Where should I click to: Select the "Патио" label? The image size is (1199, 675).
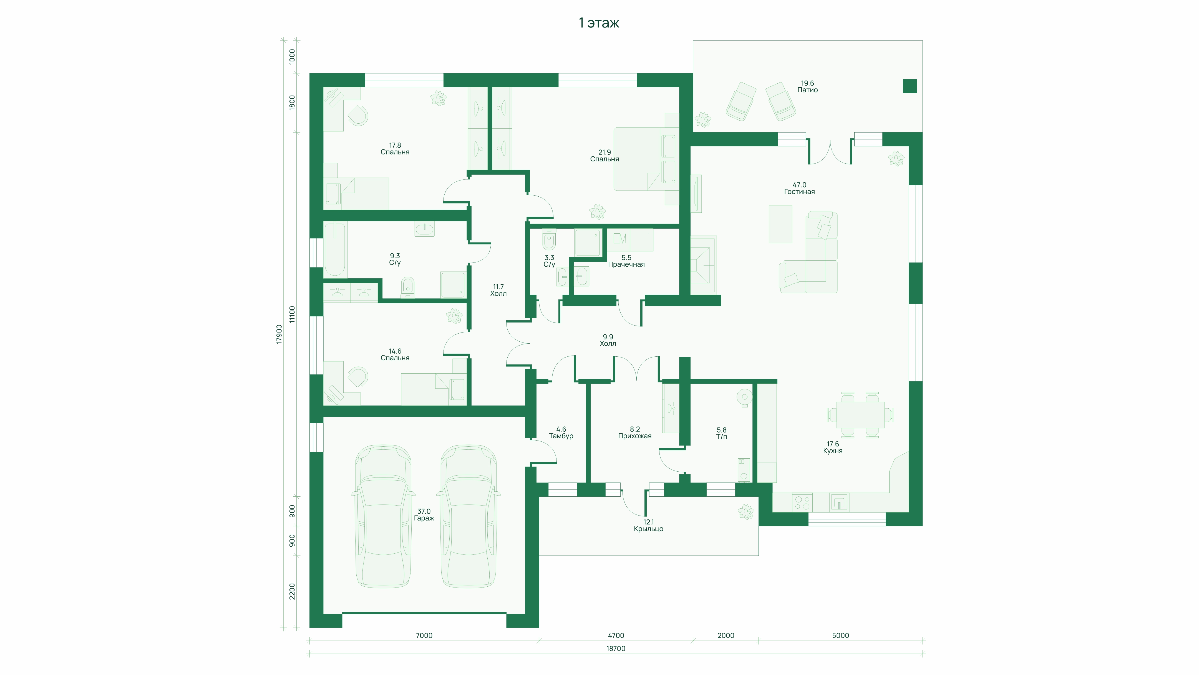[x=808, y=90]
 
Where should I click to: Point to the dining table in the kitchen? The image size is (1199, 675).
[x=860, y=415]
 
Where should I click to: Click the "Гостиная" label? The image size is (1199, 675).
[x=799, y=191]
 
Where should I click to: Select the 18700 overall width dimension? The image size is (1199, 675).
[x=616, y=648]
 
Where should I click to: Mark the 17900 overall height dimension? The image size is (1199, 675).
[x=279, y=334]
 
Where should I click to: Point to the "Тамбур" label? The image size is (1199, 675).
[x=561, y=436]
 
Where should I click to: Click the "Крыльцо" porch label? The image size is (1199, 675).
[x=648, y=529]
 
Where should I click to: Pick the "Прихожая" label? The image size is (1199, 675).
[x=635, y=436]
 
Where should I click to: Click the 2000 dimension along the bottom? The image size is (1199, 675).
[x=726, y=635]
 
